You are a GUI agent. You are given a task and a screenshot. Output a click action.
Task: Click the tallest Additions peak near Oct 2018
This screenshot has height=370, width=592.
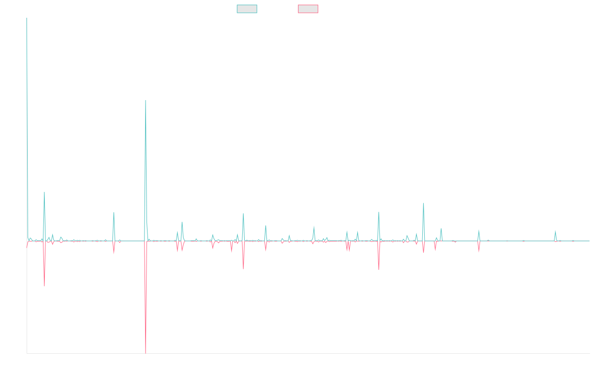click(x=146, y=100)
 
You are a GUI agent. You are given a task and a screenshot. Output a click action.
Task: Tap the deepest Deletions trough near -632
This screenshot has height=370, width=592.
click(x=146, y=352)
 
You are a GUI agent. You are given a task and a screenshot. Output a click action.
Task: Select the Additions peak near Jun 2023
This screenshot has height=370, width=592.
click(x=423, y=203)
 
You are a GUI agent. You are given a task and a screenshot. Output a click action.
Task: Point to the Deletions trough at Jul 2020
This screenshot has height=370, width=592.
click(x=243, y=269)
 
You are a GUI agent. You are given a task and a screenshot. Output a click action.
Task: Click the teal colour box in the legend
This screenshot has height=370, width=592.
click(x=247, y=9)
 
